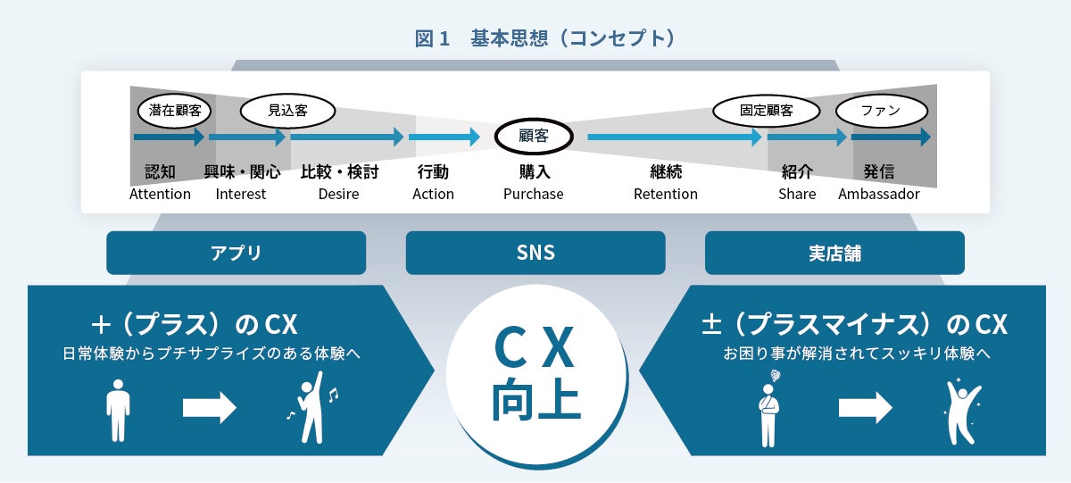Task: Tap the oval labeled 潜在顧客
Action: click(175, 111)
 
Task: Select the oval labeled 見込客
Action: click(287, 111)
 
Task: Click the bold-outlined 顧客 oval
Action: click(534, 137)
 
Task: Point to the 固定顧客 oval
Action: click(766, 111)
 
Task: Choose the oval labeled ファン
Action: click(881, 111)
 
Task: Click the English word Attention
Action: click(160, 194)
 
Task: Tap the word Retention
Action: click(666, 194)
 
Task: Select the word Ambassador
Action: click(879, 194)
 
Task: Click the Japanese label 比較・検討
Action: click(339, 172)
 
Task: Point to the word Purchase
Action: click(534, 194)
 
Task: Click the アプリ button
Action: click(236, 253)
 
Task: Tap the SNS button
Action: click(535, 253)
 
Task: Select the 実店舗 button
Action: click(834, 253)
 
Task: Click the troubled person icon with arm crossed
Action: click(769, 410)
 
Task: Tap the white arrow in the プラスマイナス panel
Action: click(865, 408)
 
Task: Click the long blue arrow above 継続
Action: click(675, 137)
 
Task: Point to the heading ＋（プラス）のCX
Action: click(194, 324)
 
